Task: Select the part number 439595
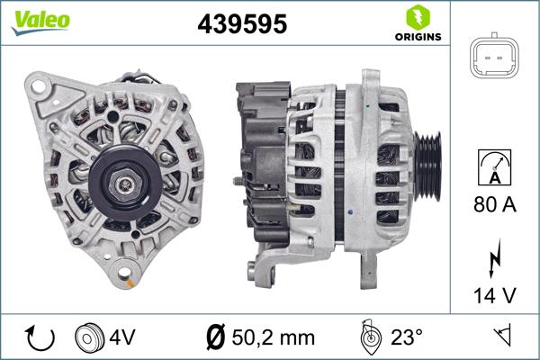[x=241, y=24]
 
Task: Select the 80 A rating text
[x=496, y=205]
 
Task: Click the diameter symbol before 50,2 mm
[x=215, y=337]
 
